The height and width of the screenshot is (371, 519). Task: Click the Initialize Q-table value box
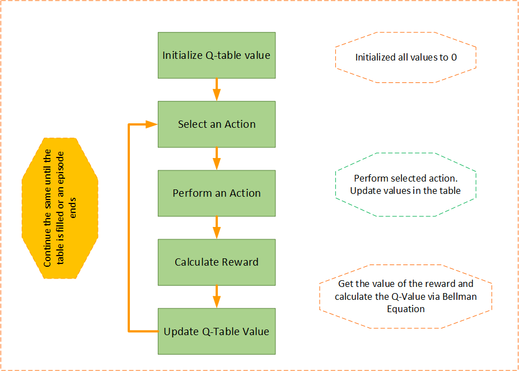[216, 55]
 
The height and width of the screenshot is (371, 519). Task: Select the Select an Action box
[216, 124]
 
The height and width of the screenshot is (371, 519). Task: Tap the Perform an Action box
[216, 193]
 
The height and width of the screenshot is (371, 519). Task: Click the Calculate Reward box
[216, 262]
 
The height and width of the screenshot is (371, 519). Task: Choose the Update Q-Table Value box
[216, 331]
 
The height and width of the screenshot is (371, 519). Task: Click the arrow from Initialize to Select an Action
[217, 89]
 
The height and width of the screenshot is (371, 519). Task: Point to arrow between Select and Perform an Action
[217, 158]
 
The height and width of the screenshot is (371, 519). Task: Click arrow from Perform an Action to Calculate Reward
[217, 227]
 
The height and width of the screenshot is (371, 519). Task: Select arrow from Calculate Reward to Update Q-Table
[217, 296]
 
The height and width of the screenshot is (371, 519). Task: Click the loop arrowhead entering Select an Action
[151, 124]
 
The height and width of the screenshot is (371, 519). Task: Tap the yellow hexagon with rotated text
[60, 208]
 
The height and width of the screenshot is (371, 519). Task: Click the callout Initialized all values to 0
[405, 57]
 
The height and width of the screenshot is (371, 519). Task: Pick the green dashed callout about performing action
[405, 184]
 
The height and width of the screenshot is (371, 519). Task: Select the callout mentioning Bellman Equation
[405, 296]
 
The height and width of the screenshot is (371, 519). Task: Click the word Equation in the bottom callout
[405, 308]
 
